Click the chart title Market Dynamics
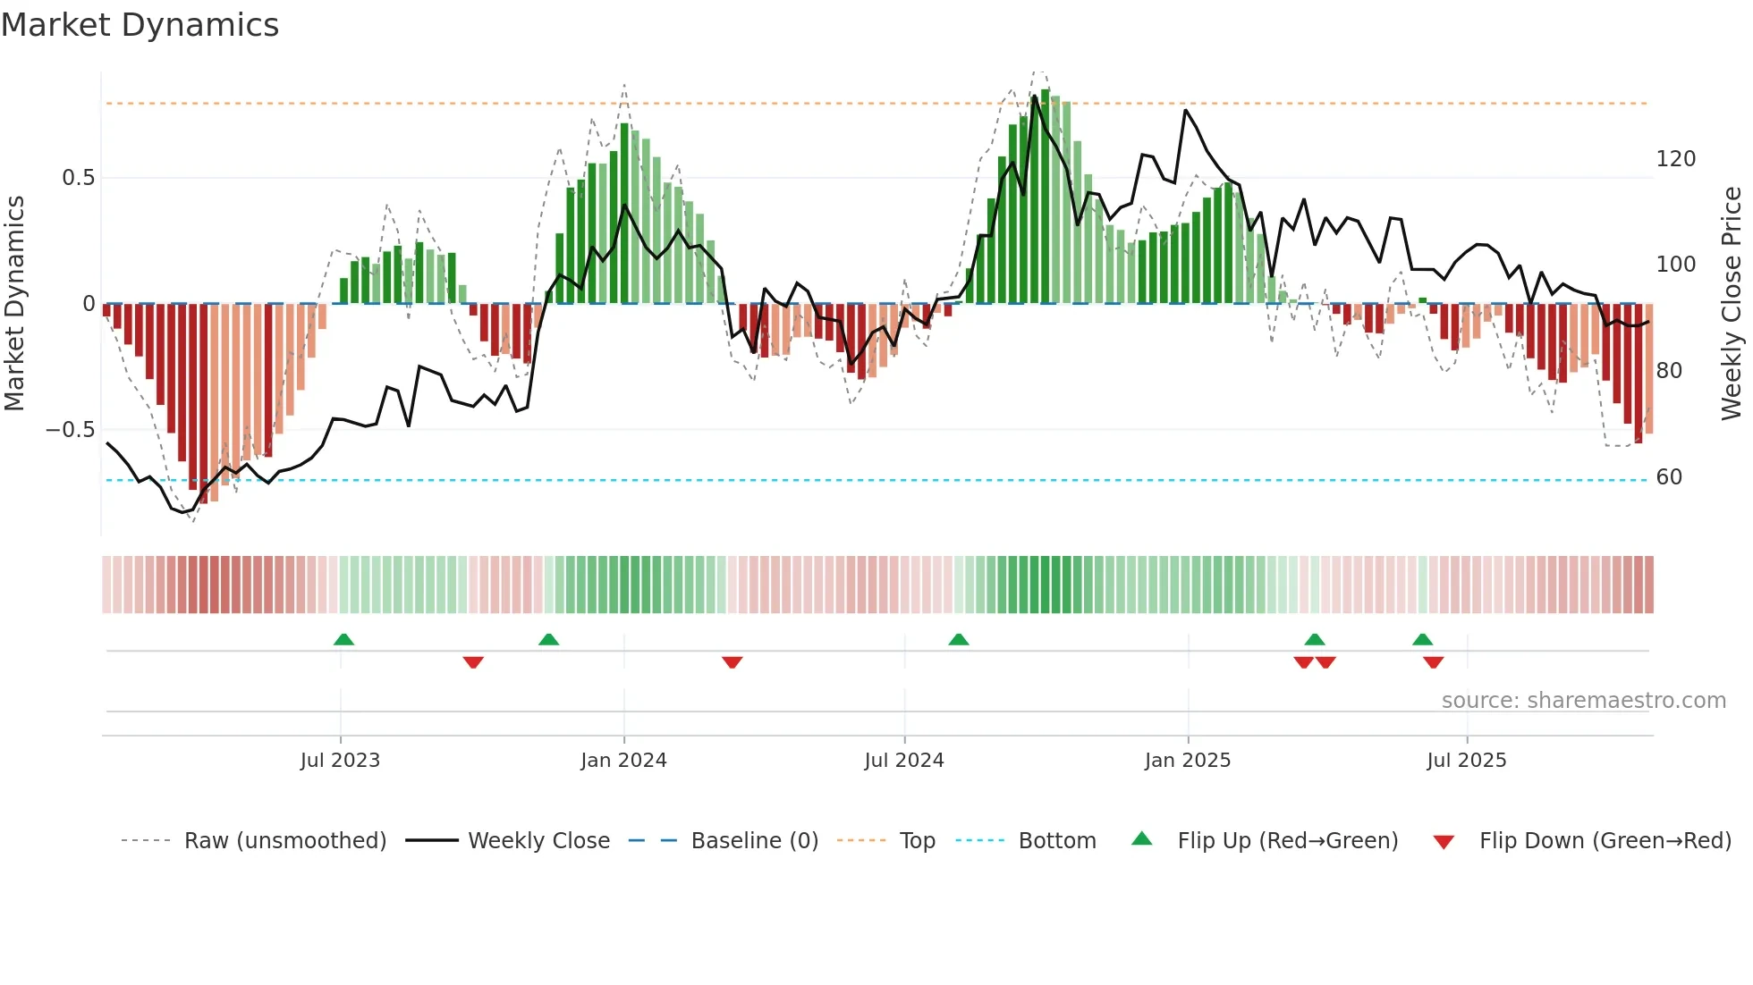pos(140,25)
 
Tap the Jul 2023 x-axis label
pos(340,761)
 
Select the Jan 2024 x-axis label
pos(623,761)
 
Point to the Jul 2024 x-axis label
pos(904,761)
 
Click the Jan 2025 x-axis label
pos(1188,761)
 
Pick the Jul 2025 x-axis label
pos(1467,761)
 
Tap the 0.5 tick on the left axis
pos(79,178)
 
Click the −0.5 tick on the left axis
pos(71,430)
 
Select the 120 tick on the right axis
pos(1675,159)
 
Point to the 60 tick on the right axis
pos(1669,477)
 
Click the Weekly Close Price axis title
pos(1732,304)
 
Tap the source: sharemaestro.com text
pos(1583,701)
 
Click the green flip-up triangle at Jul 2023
pos(343,639)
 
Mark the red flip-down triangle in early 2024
pos(733,662)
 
